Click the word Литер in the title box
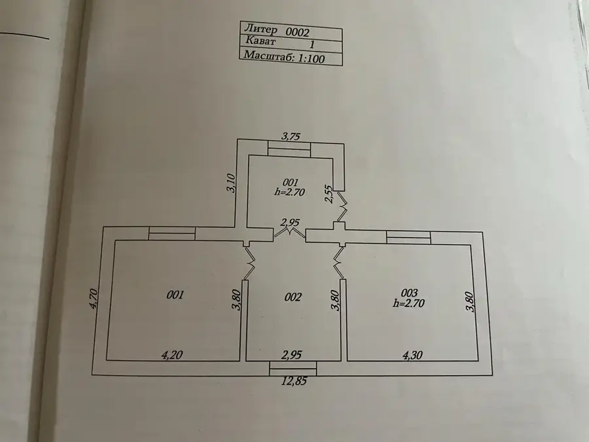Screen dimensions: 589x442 click(x=261, y=29)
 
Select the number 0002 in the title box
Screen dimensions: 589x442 click(x=298, y=32)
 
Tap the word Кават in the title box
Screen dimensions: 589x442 click(x=260, y=40)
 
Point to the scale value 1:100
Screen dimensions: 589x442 click(x=311, y=58)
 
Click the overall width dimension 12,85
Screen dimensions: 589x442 click(x=294, y=381)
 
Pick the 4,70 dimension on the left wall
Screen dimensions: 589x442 click(x=94, y=299)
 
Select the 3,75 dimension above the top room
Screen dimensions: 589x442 click(x=291, y=136)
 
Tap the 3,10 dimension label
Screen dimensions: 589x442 click(x=231, y=183)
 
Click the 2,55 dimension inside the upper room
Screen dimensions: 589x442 click(x=329, y=194)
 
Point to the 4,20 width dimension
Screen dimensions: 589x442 click(x=172, y=355)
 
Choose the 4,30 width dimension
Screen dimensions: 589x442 click(x=412, y=355)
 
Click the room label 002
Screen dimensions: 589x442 click(x=293, y=297)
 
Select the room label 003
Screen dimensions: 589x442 click(x=409, y=293)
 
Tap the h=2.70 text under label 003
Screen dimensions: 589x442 click(x=408, y=303)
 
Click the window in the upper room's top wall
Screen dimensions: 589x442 click(x=289, y=149)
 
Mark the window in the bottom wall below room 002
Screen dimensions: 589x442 click(x=293, y=368)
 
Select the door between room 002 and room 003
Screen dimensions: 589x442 click(x=338, y=263)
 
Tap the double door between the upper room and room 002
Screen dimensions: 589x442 click(x=289, y=232)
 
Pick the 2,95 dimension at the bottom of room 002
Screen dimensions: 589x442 click(x=292, y=354)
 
